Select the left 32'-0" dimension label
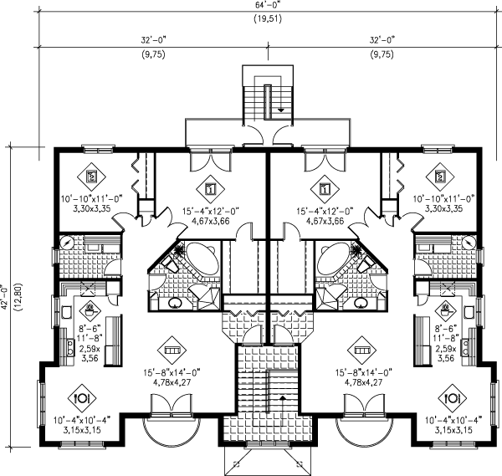[154, 40]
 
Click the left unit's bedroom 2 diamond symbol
[91, 177]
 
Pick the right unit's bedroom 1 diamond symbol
[325, 189]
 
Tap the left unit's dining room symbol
[82, 398]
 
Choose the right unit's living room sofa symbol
[361, 351]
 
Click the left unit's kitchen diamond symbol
[90, 309]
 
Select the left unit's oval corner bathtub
[202, 258]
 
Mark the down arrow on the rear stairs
[281, 110]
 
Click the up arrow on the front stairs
[283, 398]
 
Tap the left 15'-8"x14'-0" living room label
[172, 372]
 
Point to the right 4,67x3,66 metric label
[325, 221]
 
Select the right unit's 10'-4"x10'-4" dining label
[453, 420]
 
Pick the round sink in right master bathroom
[361, 303]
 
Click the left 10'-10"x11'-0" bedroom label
[92, 199]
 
